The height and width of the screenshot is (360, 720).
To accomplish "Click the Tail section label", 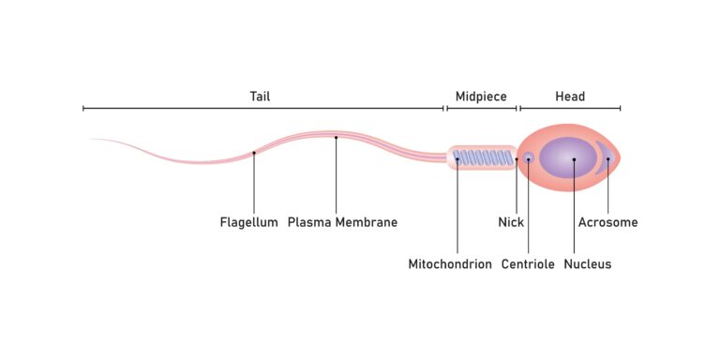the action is [260, 97].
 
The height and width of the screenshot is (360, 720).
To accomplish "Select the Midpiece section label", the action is [481, 97].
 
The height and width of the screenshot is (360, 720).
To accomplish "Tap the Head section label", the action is [570, 97].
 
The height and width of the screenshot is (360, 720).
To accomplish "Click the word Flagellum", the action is [248, 222].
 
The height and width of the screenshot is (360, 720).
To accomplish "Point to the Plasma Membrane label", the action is [342, 222].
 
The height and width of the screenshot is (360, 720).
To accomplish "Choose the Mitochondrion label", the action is [450, 264].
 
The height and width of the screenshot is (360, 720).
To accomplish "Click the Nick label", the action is [511, 222].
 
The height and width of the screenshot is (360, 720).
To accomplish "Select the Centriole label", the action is [528, 264].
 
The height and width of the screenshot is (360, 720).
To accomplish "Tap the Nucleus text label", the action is [587, 264].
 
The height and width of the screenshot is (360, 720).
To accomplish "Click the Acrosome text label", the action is [607, 222].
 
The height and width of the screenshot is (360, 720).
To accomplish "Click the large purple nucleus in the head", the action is [568, 157].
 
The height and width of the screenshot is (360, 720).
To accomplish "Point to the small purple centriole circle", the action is [528, 157].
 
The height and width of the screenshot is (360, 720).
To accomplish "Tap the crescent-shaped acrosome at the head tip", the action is [607, 157].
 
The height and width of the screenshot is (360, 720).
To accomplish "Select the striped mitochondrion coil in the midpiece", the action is [483, 157].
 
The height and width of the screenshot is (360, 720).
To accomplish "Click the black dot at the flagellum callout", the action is [254, 153].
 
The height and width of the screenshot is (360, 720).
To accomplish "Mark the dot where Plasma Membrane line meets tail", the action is [336, 137].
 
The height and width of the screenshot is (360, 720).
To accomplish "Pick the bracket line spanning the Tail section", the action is [263, 109].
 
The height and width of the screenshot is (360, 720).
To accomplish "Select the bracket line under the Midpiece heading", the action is [482, 109].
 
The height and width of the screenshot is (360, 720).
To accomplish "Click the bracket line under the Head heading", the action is [570, 109].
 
